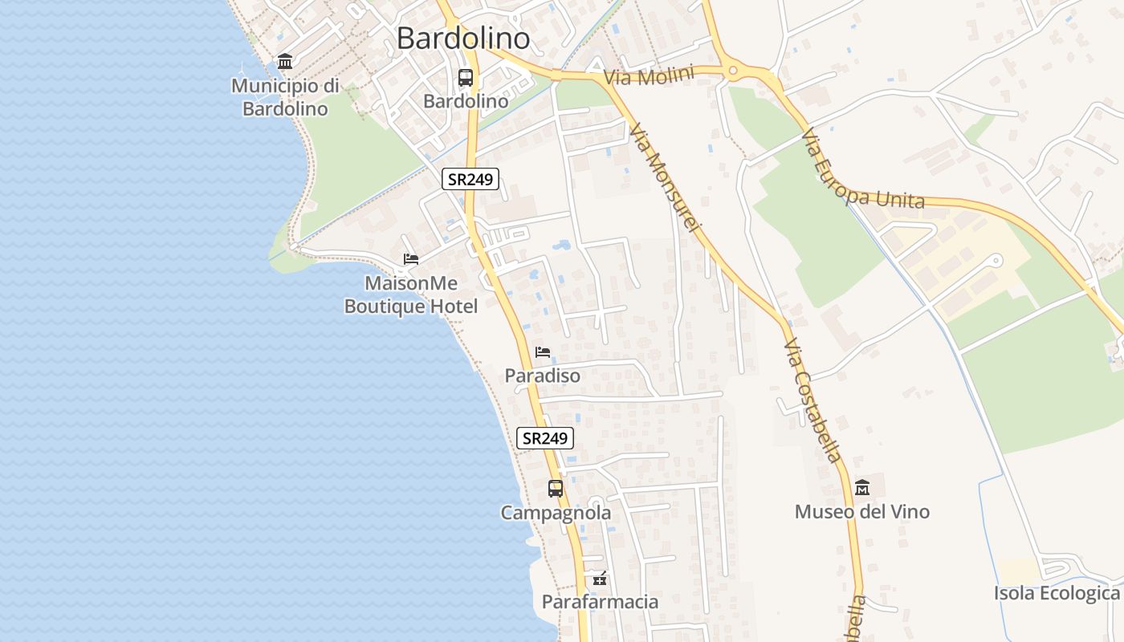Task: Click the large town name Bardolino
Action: (463, 39)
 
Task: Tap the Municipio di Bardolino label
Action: (285, 97)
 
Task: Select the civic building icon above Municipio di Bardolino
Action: (284, 61)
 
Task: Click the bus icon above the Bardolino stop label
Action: (466, 78)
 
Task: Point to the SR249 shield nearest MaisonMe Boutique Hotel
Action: (470, 179)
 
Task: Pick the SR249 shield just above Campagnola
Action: (545, 438)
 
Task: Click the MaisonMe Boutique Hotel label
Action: (411, 295)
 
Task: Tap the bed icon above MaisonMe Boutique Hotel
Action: (411, 258)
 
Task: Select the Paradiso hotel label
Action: (542, 376)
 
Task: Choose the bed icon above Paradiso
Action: (543, 351)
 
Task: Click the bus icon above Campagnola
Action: (555, 488)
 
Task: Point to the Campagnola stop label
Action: (556, 513)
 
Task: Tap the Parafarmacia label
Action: (600, 602)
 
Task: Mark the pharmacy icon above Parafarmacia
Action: (600, 578)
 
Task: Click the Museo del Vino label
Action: (861, 512)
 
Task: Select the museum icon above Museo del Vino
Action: (862, 487)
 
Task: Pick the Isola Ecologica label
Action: (1056, 594)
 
